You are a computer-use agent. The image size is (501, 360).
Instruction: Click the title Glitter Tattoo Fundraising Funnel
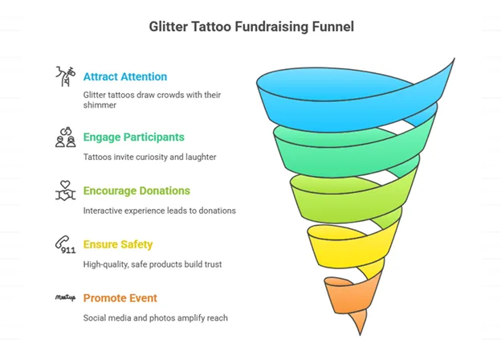coord(251,27)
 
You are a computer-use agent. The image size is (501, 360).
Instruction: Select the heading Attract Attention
coord(125,76)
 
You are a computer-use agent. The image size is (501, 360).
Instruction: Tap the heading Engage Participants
coord(134,137)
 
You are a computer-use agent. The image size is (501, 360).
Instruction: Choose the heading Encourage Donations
coord(136,191)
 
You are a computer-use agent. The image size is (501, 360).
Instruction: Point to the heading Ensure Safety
coord(118,244)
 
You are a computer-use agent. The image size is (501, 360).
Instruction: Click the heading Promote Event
coord(120,298)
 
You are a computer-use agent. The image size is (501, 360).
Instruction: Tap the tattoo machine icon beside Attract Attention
coord(66,76)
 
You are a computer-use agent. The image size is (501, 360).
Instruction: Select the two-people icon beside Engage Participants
coord(66,137)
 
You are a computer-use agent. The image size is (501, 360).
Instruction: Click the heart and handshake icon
coord(66,191)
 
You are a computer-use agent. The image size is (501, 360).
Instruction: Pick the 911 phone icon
coord(66,244)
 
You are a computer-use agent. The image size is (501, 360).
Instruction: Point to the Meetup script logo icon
coord(66,298)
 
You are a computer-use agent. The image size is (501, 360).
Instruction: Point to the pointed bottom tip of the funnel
coord(360,335)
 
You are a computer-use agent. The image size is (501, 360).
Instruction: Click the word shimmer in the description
coord(100,105)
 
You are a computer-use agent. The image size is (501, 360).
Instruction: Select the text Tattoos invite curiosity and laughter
coord(150,157)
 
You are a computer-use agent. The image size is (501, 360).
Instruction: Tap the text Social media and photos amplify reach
coord(156,318)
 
